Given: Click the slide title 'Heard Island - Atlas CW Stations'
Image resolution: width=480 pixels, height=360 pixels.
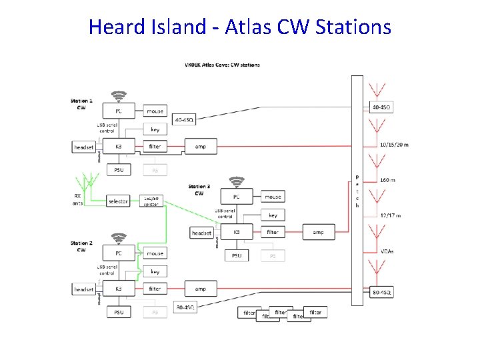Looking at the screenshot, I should point(239,27).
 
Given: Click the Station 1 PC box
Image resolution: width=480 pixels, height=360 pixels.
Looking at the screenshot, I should point(119,111).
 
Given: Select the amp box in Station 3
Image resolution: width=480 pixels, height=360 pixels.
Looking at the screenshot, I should point(318,232).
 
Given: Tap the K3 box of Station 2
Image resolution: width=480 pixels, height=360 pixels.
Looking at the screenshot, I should point(119,289).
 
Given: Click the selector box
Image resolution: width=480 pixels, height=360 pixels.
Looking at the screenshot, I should point(119,201).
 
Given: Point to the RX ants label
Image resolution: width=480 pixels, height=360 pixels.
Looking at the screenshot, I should point(78,199).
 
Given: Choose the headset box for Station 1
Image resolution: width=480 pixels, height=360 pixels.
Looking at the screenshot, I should point(84,147).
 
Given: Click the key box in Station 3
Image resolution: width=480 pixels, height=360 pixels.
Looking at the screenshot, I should point(273,215).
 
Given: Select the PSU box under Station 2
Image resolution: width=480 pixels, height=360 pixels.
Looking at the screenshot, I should point(119,312).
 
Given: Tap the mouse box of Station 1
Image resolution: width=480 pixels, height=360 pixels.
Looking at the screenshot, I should point(155,111).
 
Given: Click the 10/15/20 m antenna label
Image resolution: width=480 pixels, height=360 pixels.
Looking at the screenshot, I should point(394,145).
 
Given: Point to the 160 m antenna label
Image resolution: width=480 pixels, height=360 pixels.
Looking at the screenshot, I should point(387,180).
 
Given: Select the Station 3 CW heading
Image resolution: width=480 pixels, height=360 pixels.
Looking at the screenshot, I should point(199,190).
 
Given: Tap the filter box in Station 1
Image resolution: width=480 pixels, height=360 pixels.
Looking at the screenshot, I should point(155,146).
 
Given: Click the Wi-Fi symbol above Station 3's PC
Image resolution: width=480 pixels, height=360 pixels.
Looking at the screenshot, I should point(237,181).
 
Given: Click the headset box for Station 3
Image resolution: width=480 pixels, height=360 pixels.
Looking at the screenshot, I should point(201,233).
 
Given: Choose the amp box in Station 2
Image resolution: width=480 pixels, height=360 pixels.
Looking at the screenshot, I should point(200,289).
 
